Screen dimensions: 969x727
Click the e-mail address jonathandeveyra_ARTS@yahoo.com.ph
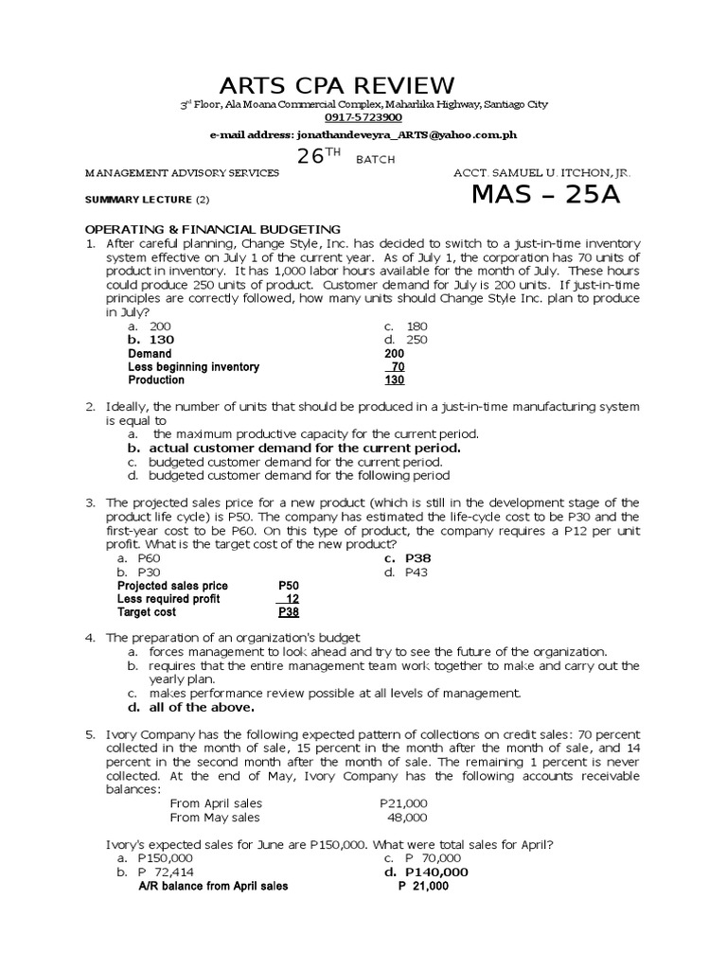click(x=363, y=136)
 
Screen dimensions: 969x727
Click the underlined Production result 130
click(x=395, y=380)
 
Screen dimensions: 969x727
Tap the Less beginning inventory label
click(x=193, y=366)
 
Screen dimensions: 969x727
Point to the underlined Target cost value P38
click(x=289, y=612)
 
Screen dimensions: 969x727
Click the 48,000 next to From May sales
click(x=408, y=817)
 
